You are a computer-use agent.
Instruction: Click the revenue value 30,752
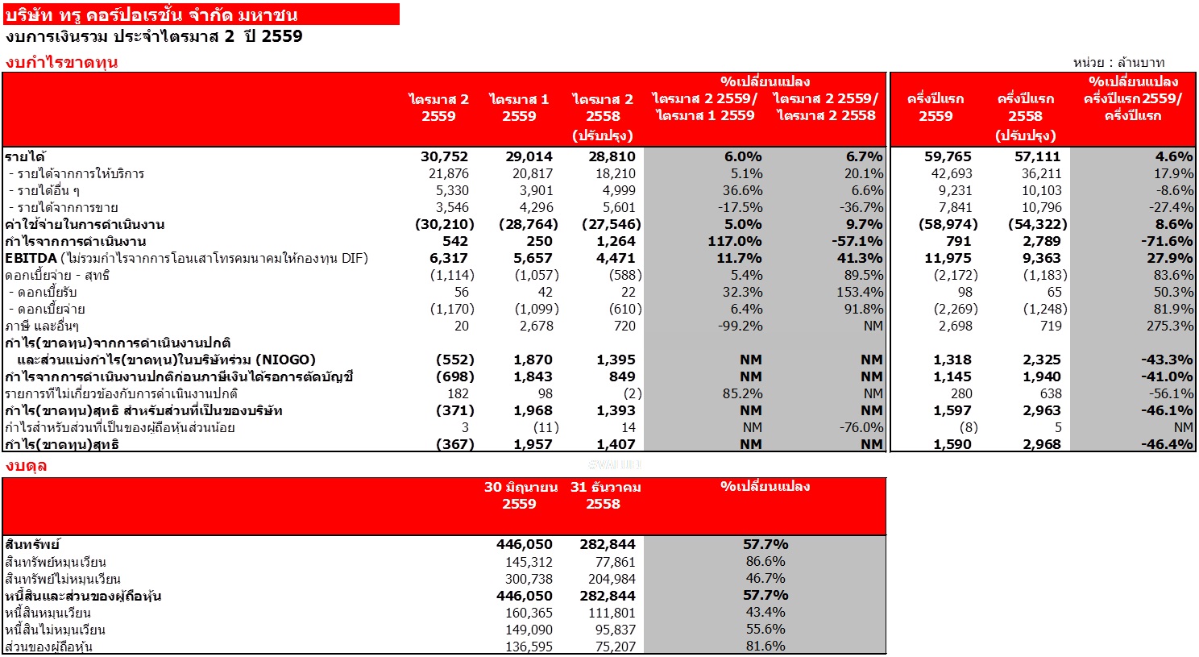[444, 157]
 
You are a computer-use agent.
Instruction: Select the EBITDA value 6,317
[449, 259]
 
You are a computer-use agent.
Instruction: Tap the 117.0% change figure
[735, 242]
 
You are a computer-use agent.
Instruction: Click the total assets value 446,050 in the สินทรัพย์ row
[524, 545]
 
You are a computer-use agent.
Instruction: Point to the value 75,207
[616, 647]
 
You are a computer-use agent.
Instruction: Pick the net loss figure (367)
[455, 444]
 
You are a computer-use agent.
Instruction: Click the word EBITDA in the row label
[31, 259]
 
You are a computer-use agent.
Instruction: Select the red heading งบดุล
[27, 466]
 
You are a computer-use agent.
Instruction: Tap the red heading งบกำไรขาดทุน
[61, 63]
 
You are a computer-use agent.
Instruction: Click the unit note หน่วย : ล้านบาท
[1118, 63]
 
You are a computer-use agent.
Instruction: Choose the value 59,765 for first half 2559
[948, 157]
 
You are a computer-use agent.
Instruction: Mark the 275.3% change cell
[1170, 326]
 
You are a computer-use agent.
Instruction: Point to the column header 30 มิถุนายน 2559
[521, 495]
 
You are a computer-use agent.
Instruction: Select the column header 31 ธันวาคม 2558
[605, 495]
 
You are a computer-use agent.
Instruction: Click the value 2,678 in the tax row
[537, 326]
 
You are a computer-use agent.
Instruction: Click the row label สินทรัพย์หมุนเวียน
[56, 562]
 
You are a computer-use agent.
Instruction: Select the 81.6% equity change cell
[765, 647]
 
